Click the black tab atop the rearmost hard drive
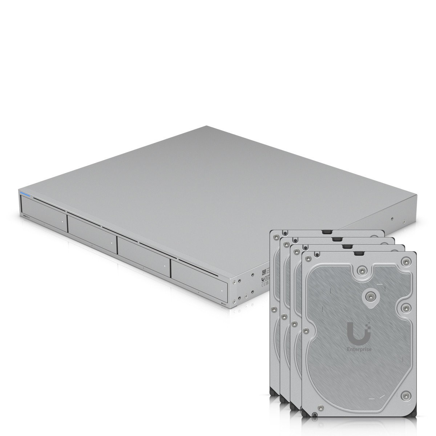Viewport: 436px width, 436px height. (327, 231)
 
